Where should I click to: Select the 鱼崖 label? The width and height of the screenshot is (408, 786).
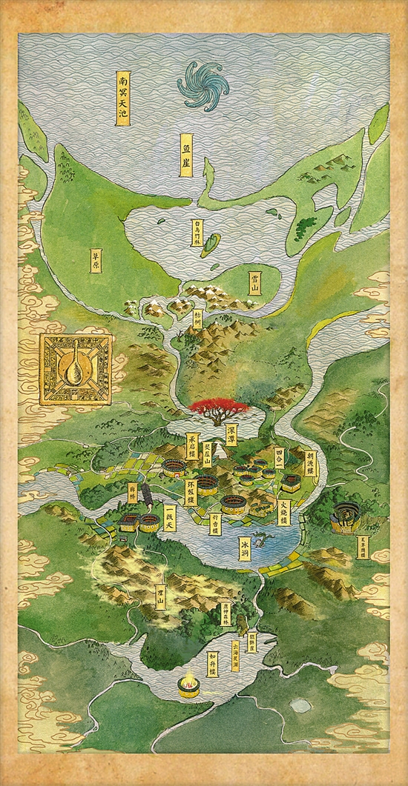[x=198, y=152]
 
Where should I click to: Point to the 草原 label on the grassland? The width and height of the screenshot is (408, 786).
[x=96, y=260]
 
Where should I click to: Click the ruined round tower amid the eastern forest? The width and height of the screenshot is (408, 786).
[x=346, y=514]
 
